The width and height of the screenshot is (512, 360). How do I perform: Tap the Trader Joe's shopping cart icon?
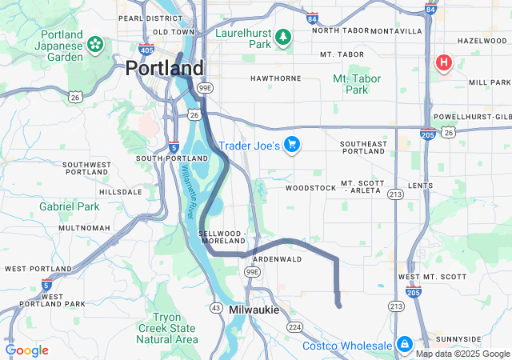click(x=292, y=145)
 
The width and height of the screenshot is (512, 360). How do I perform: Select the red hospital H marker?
click(x=443, y=62)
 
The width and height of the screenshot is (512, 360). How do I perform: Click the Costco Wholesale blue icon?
click(x=405, y=344)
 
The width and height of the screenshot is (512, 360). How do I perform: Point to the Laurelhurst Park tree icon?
click(x=282, y=37)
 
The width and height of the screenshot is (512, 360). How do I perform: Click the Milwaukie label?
click(x=254, y=310)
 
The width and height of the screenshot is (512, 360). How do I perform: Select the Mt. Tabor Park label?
click(x=356, y=84)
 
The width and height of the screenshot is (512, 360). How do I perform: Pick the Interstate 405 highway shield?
click(x=146, y=50)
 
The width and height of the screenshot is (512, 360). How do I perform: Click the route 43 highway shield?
click(x=216, y=307)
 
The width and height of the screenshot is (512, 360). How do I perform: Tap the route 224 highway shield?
click(x=295, y=326)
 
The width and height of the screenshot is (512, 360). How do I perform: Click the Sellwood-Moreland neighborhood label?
click(x=224, y=236)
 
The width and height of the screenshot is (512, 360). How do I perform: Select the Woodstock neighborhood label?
click(x=311, y=188)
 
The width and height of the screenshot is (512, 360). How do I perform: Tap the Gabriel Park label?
click(x=70, y=206)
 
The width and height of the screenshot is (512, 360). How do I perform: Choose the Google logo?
click(x=26, y=350)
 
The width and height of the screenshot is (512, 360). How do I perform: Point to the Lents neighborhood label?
click(x=420, y=186)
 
